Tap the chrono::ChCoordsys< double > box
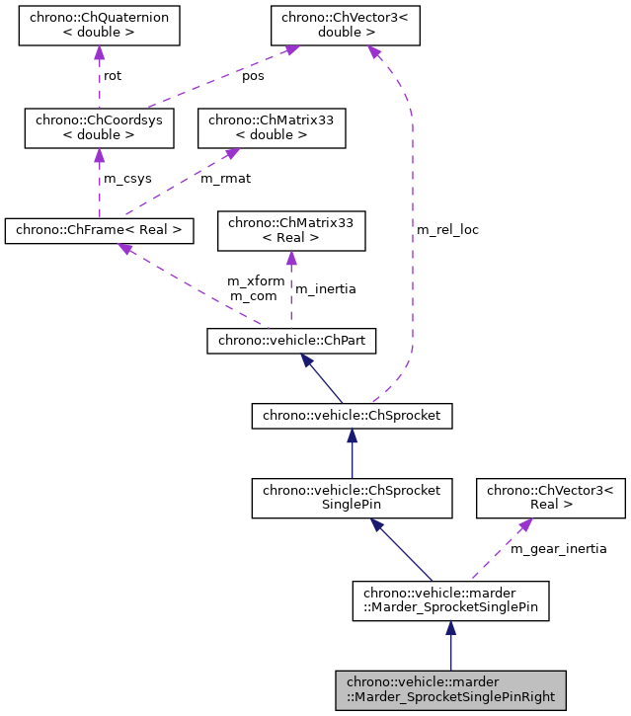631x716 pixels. tap(99, 126)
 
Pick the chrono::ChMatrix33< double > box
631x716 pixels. tap(272, 126)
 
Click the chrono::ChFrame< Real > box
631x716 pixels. tap(99, 231)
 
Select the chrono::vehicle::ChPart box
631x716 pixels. tap(291, 341)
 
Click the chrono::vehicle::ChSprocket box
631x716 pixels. tap(352, 416)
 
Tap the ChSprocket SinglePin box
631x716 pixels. tap(352, 498)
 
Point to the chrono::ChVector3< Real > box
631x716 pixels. tap(551, 498)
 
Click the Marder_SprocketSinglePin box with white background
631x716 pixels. tap(450, 599)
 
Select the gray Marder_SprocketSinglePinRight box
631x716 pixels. tap(450, 689)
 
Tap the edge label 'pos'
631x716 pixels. tap(254, 75)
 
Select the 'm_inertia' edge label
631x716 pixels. tap(325, 288)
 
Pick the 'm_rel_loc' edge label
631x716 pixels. tap(447, 229)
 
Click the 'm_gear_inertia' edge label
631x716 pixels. tap(558, 548)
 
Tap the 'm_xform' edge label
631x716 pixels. tap(256, 280)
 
